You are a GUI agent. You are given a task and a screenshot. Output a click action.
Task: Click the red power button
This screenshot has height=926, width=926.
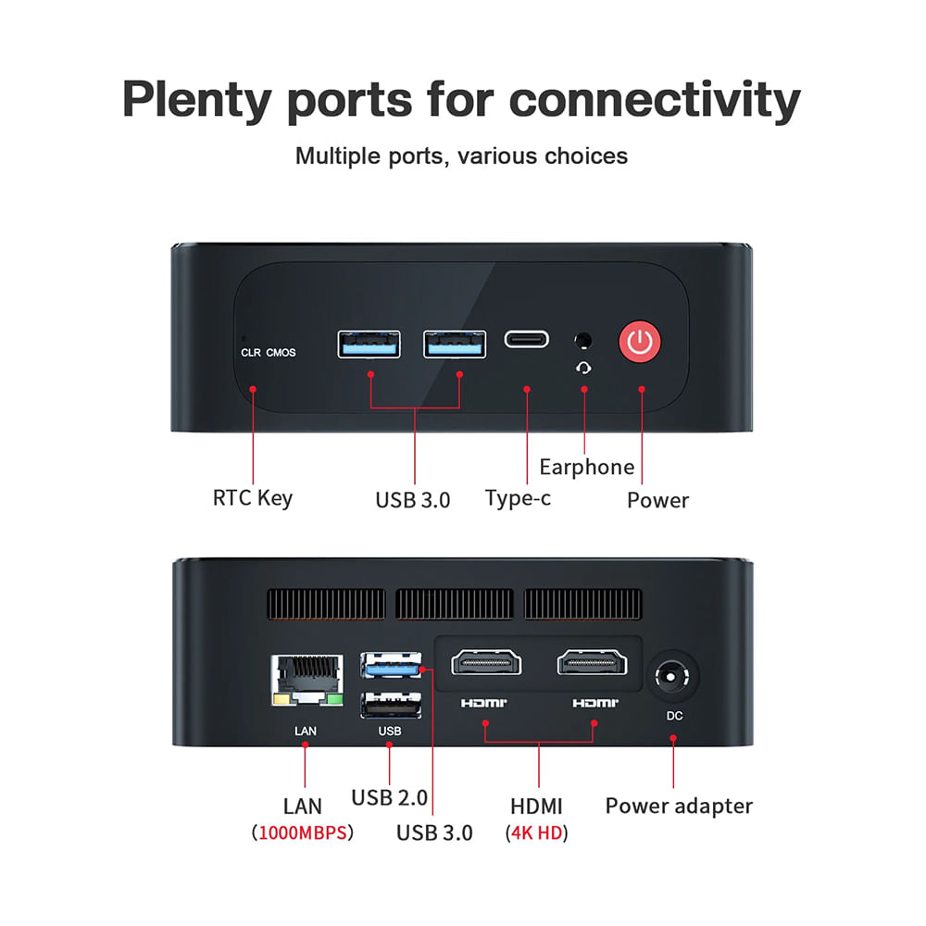click(639, 342)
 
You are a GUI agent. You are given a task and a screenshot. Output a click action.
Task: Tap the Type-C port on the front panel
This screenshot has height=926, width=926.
click(526, 339)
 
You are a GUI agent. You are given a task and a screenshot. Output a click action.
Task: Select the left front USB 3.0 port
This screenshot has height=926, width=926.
click(369, 344)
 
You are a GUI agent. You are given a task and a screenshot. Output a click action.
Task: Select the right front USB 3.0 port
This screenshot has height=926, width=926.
click(455, 344)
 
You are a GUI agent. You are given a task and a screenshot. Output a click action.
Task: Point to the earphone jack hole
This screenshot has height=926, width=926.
click(583, 341)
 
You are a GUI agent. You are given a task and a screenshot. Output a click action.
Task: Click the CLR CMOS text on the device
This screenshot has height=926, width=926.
click(269, 353)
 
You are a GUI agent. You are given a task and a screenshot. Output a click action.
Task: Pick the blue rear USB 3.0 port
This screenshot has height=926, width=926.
click(391, 665)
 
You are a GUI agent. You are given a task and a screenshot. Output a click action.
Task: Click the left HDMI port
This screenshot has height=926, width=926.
click(486, 663)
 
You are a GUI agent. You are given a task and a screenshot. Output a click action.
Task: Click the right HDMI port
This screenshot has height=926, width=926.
click(593, 663)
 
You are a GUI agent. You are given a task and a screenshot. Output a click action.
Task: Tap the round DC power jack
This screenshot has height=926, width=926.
click(674, 679)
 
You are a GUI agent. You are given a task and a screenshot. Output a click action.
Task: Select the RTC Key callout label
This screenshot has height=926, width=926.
click(252, 498)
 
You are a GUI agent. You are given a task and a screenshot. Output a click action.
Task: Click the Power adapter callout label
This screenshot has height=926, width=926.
click(679, 806)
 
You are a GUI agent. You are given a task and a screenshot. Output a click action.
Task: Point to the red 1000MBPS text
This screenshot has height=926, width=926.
click(303, 832)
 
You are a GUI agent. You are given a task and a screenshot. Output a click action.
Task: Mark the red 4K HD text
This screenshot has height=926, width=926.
click(537, 832)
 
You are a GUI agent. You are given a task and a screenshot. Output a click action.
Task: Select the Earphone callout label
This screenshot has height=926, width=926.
click(587, 467)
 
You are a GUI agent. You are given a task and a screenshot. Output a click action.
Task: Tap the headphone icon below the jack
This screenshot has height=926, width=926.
click(584, 367)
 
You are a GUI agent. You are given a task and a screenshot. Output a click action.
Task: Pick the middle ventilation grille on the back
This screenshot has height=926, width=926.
click(455, 605)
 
